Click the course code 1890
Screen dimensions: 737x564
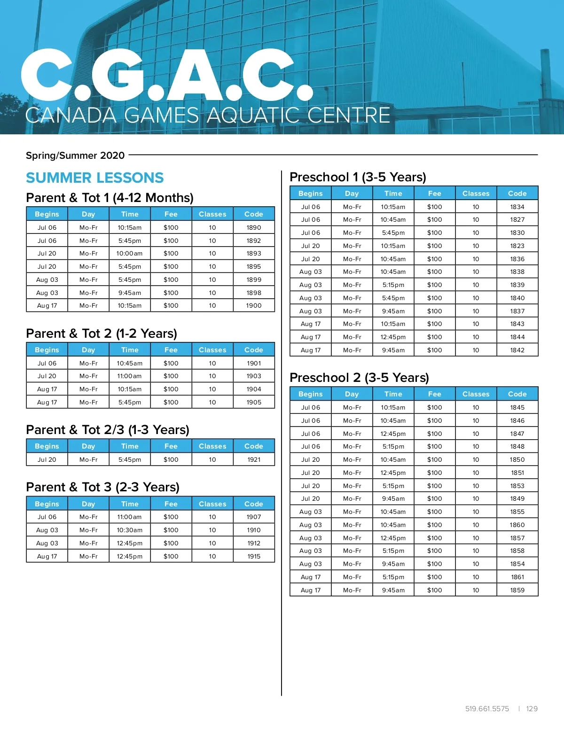[x=254, y=227]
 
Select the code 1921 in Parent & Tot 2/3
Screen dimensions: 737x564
[x=254, y=459]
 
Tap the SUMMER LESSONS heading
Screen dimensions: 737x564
[x=94, y=178]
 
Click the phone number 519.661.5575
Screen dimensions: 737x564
[x=487, y=708]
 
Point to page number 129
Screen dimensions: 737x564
[x=532, y=708]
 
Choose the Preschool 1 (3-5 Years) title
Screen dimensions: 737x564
[x=358, y=177]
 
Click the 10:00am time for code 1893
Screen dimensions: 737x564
[x=129, y=253]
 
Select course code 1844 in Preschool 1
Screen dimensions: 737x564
[x=517, y=337]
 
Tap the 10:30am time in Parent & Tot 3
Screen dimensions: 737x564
[x=129, y=530]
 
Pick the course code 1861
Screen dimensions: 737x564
[x=517, y=577]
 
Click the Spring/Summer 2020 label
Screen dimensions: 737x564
[x=75, y=155]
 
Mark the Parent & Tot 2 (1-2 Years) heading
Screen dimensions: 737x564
[x=102, y=334]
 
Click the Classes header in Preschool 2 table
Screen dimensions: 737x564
[x=476, y=394]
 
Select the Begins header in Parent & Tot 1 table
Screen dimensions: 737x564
[x=47, y=214]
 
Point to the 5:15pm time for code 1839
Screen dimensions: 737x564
[x=393, y=285]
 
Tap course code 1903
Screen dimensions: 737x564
[x=254, y=376]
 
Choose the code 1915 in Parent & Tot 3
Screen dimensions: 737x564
[x=254, y=556]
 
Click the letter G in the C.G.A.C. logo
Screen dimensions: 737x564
[x=117, y=75]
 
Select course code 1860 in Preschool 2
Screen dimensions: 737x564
[x=517, y=525]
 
